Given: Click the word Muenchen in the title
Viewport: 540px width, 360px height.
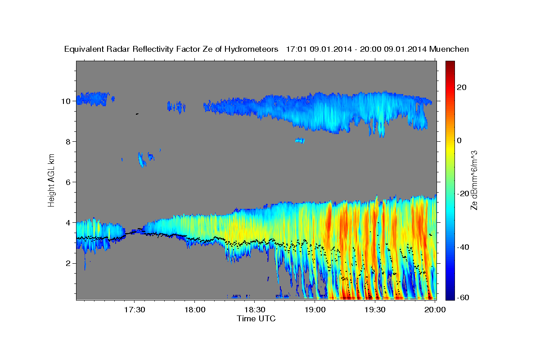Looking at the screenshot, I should (449, 49).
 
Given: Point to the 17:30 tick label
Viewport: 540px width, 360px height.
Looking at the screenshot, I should (135, 310).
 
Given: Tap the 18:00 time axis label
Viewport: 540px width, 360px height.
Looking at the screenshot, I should (194, 310).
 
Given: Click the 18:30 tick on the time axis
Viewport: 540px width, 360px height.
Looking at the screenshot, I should (254, 310).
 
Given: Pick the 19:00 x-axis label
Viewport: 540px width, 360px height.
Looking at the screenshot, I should (315, 310).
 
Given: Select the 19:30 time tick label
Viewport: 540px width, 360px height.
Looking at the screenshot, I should (374, 310).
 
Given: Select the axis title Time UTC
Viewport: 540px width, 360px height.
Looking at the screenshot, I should (256, 319).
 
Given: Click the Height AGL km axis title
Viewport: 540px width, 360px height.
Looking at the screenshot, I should (52, 180).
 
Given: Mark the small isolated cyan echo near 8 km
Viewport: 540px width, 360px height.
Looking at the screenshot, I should (300, 140).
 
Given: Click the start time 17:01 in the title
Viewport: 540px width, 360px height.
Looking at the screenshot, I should (297, 49).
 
